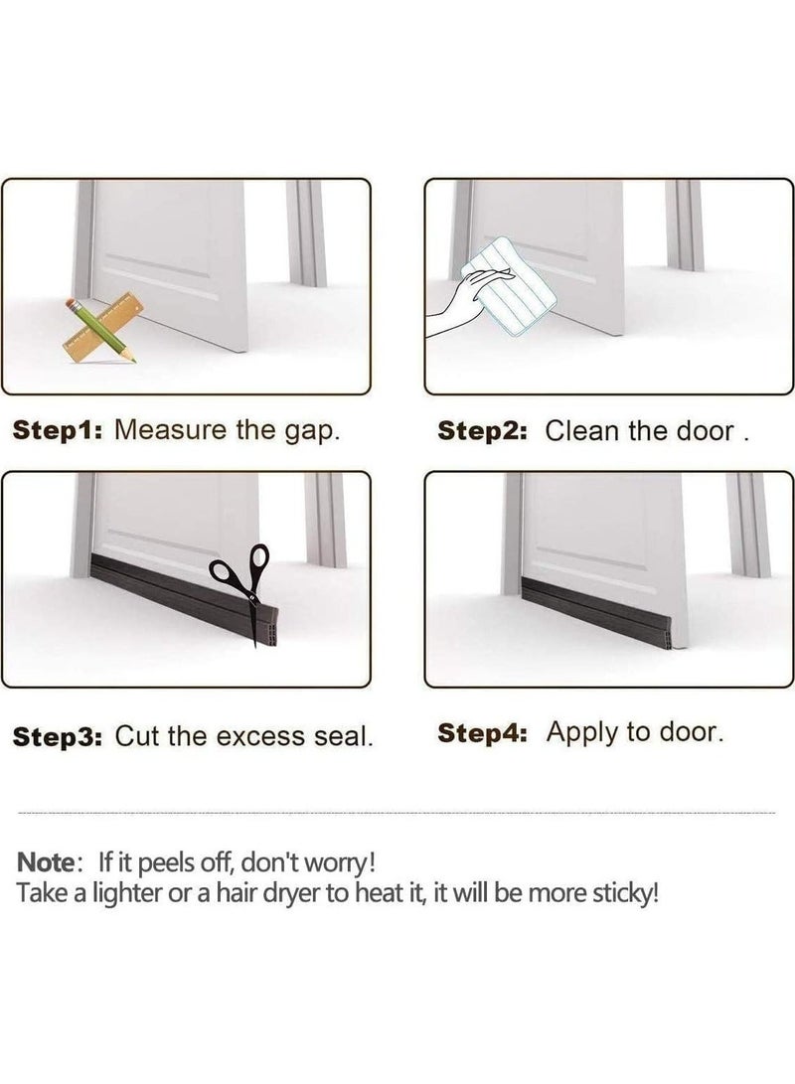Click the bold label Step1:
58,430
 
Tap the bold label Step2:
482,430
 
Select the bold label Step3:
58,736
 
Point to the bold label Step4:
487,733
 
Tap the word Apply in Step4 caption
580,733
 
